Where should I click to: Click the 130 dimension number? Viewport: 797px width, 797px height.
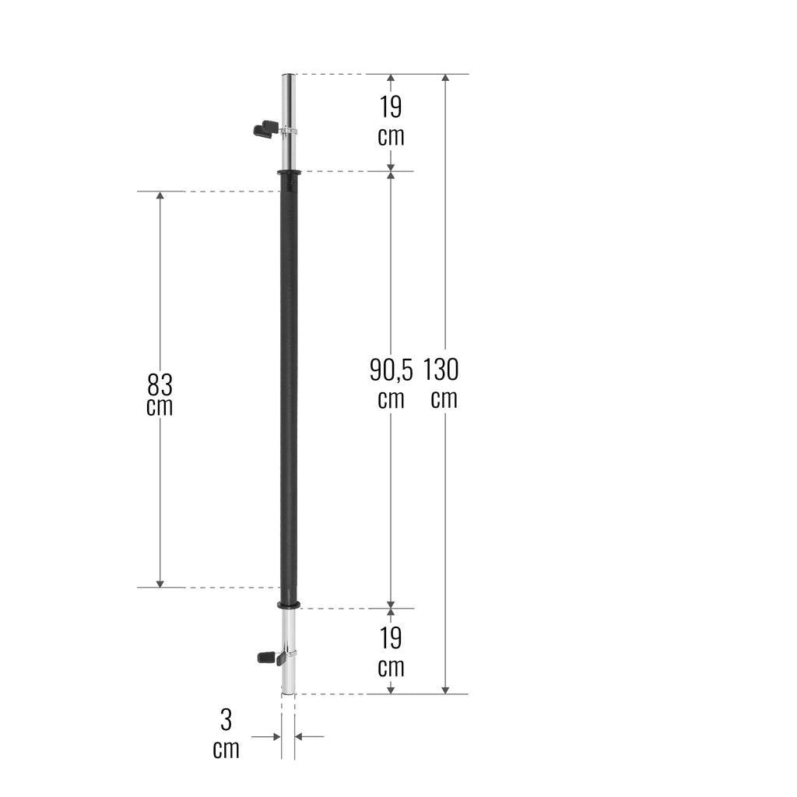tap(441, 369)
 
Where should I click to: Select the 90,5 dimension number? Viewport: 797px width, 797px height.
tap(391, 370)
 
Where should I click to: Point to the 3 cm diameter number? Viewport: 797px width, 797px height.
tap(226, 720)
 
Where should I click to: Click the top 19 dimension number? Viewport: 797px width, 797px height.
tap(391, 106)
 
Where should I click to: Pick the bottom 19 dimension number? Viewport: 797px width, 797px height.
tap(391, 638)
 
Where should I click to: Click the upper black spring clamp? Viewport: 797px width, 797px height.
tap(265, 128)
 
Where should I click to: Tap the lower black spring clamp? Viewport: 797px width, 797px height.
tap(269, 658)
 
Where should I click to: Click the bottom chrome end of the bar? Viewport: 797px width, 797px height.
tap(288, 677)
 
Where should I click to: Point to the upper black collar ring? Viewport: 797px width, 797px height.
tap(288, 172)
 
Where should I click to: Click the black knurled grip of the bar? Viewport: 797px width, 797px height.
tap(288, 389)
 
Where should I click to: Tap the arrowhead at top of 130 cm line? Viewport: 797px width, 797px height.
tap(445, 79)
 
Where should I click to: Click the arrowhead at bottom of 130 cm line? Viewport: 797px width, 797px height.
tap(445, 689)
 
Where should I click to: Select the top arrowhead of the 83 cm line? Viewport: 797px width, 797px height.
tap(160, 196)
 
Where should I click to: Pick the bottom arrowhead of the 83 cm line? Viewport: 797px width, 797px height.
tap(160, 582)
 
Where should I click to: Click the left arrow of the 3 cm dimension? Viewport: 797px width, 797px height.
tap(275, 736)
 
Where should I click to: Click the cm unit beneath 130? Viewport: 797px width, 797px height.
tap(444, 398)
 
